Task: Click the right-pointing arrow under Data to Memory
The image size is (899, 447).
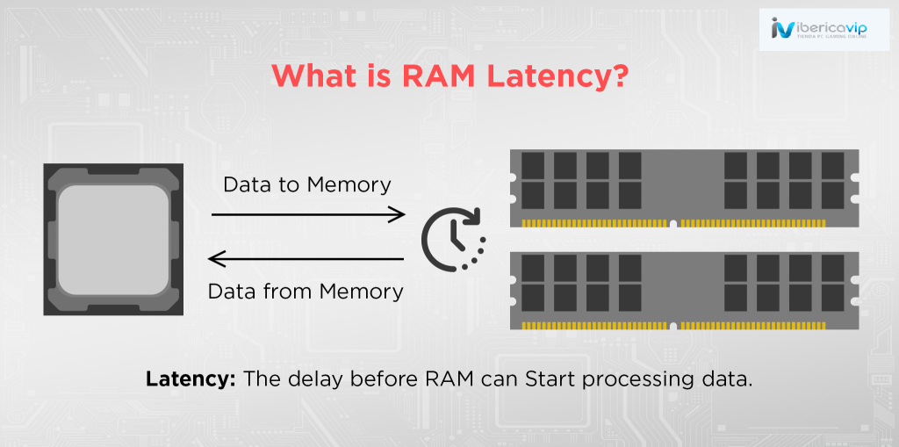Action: coord(308,213)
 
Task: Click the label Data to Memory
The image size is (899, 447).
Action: coord(306,184)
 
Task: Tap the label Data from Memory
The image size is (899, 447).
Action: coord(306,291)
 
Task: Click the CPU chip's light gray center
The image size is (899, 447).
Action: coord(113,238)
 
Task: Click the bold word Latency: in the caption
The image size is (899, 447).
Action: coord(191,380)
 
